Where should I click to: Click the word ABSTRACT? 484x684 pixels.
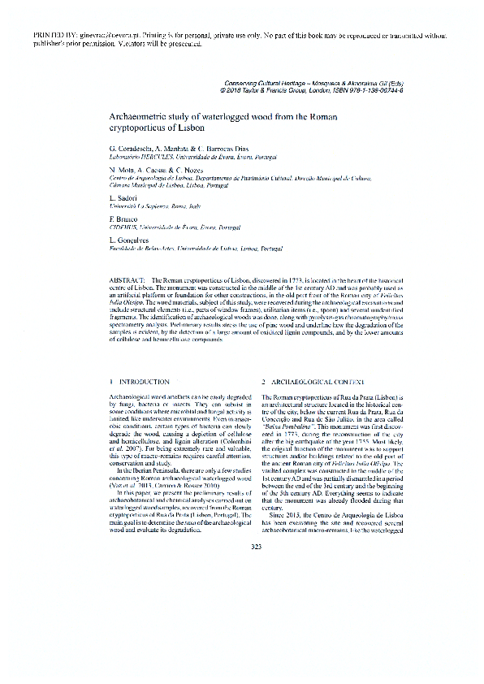(123, 279)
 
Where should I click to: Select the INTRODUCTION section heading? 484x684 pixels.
(144, 381)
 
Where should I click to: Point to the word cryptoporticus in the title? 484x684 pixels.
(133, 128)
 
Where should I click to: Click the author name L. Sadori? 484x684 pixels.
(123, 198)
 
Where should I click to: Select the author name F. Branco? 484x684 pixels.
(122, 219)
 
